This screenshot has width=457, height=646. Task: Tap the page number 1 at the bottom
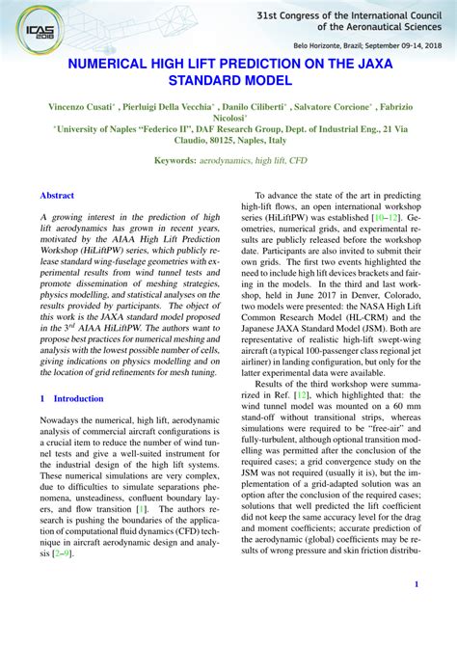click(416, 584)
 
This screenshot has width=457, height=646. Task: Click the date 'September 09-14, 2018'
click(392, 45)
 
